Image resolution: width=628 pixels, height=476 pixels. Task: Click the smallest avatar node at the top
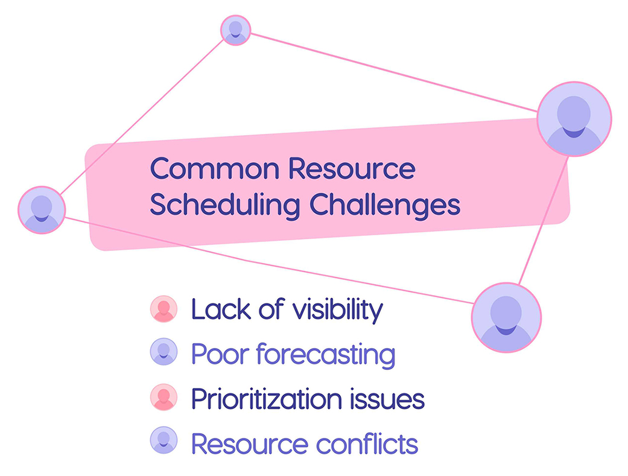coord(235,30)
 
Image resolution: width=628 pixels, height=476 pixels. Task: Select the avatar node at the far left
coord(42,209)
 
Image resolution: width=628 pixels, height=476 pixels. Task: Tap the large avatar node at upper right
coord(574,119)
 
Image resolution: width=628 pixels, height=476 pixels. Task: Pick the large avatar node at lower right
coord(506,317)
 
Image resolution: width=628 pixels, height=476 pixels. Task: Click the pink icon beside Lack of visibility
coord(163,309)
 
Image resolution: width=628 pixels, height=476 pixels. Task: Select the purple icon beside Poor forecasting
coord(163,352)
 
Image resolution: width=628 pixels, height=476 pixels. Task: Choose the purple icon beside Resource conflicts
coord(163,440)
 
